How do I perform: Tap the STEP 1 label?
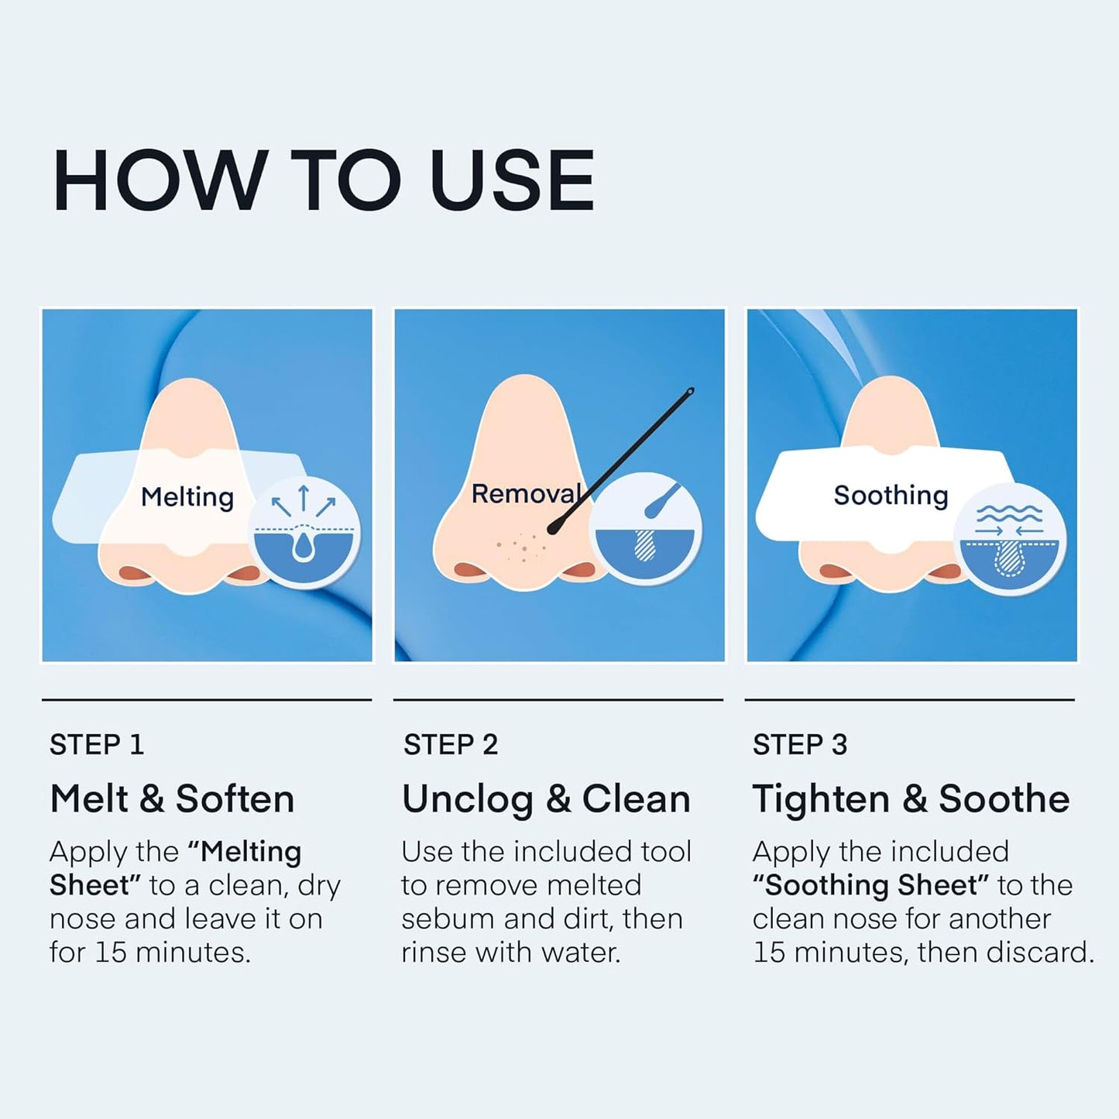click(x=96, y=744)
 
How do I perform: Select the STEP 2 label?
click(x=451, y=744)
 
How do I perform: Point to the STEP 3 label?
click(x=800, y=744)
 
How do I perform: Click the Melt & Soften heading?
click(x=173, y=798)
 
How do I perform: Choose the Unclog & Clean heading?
click(x=546, y=800)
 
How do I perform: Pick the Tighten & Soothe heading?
click(x=911, y=800)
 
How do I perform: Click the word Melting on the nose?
click(x=187, y=498)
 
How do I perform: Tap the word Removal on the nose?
click(x=526, y=493)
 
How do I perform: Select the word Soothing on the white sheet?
click(x=891, y=496)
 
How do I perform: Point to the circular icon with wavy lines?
click(x=1009, y=538)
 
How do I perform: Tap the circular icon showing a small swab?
click(x=645, y=529)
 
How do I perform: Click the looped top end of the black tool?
click(x=690, y=392)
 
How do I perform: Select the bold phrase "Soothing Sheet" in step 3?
click(x=870, y=885)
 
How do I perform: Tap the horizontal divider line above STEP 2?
click(x=558, y=700)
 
